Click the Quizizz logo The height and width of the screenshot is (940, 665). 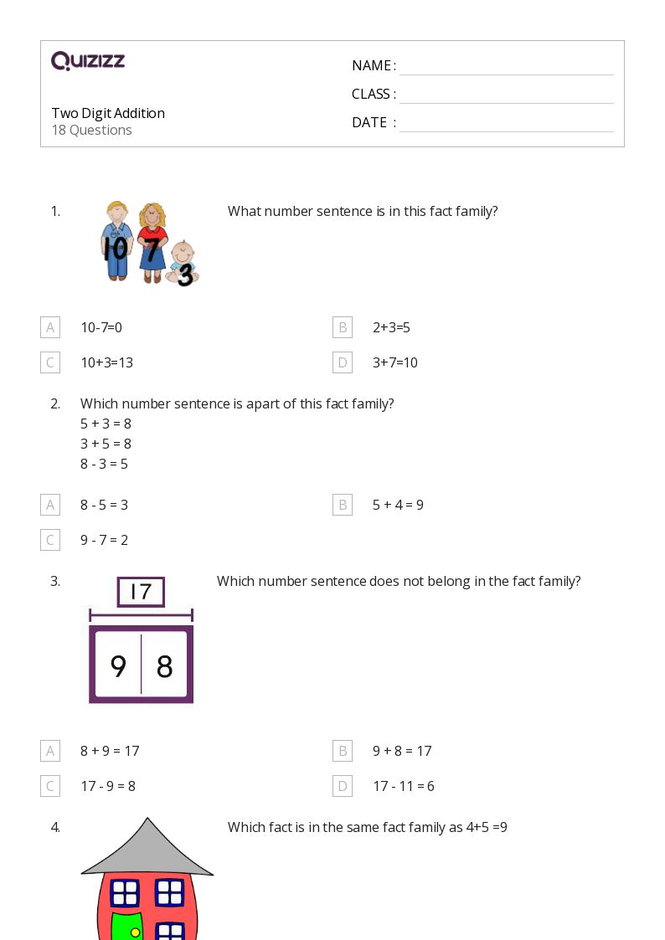point(88,61)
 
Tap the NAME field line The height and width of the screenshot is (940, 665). point(506,67)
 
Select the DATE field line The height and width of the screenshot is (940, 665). point(506,124)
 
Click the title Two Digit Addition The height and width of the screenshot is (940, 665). point(108,113)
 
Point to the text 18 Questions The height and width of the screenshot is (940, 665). point(91,130)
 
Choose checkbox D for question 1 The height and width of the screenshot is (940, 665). point(342,362)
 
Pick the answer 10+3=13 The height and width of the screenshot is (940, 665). point(106,362)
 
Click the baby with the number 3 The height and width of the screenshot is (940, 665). point(182,264)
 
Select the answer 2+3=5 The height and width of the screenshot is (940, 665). point(391,327)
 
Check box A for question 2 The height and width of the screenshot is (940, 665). point(50,505)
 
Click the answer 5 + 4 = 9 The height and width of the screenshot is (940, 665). point(398,505)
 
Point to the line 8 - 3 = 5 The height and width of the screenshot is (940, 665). point(104,464)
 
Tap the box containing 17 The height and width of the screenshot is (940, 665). point(141,592)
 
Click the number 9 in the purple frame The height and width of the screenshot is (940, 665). point(118,666)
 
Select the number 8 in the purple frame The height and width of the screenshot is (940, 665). point(164,666)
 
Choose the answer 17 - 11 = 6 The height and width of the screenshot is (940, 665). point(403,786)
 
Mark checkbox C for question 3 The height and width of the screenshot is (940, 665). point(50,786)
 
